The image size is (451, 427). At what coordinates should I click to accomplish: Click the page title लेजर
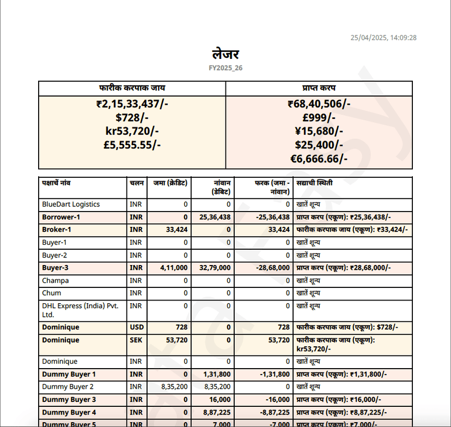[225, 55]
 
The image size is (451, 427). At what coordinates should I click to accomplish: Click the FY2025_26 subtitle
[225, 68]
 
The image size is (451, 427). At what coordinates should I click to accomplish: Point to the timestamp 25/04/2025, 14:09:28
[383, 38]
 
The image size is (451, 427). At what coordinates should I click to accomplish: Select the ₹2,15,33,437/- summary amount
[132, 104]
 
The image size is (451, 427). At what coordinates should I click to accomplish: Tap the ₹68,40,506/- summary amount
[319, 104]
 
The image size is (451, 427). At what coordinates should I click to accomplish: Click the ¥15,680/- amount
[319, 131]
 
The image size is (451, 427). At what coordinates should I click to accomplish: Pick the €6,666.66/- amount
[319, 158]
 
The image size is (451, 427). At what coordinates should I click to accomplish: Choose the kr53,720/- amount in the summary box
[132, 131]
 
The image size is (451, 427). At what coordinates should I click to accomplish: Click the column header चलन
[137, 183]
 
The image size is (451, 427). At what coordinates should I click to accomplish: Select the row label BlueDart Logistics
[71, 205]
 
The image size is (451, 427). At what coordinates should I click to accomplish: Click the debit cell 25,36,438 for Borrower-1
[215, 217]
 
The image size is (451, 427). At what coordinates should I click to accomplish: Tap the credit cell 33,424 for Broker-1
[176, 230]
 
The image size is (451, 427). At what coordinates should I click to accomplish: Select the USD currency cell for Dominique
[136, 327]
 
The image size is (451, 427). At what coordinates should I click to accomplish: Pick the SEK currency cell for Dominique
[136, 340]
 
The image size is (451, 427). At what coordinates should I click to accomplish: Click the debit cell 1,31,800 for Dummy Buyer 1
[217, 374]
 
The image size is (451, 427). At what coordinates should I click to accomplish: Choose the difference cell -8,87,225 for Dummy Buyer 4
[273, 412]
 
